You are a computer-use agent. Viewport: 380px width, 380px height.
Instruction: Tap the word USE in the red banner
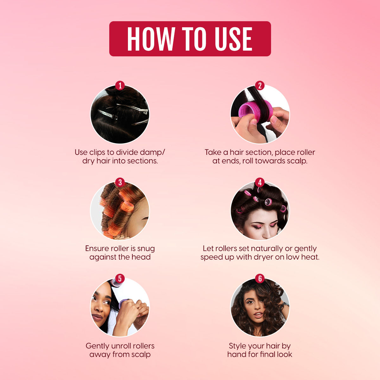(233, 39)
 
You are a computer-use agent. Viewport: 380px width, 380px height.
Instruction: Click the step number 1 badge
(120, 85)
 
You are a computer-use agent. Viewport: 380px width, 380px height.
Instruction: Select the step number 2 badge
(260, 85)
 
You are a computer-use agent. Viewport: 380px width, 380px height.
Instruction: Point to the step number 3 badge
(120, 182)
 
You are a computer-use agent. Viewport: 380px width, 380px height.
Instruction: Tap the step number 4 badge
(260, 182)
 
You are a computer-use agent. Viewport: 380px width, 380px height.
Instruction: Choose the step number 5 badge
(120, 278)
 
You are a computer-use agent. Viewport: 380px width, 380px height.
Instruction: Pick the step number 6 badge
(260, 278)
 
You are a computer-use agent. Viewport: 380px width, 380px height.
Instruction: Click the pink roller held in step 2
(255, 111)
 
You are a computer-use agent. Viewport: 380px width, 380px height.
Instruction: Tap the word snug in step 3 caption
(146, 249)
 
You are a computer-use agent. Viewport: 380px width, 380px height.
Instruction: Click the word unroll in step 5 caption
(122, 346)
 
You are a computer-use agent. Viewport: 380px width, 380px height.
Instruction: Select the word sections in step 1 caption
(142, 161)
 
